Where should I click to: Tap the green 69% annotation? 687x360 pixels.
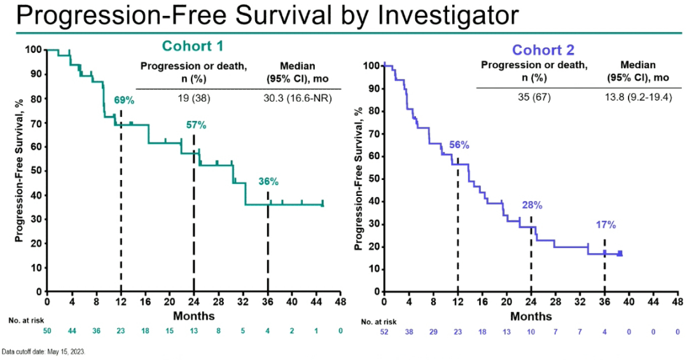point(123,100)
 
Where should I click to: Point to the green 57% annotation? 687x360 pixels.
point(197,125)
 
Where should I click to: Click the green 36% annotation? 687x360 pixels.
point(268,181)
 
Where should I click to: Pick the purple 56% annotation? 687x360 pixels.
point(459,145)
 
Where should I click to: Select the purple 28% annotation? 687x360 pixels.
point(532,205)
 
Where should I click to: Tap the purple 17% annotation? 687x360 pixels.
point(606,225)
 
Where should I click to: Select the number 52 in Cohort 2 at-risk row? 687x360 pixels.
point(384,332)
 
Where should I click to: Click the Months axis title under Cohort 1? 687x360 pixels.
point(194,316)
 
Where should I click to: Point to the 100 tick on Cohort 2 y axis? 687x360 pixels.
point(370,66)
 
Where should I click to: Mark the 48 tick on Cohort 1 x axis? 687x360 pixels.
point(341,301)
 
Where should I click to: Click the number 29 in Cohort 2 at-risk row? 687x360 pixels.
point(433,332)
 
